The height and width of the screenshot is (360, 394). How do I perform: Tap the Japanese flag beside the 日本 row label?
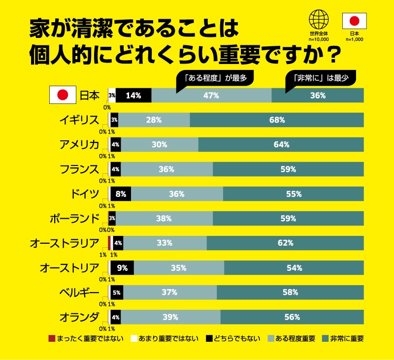pos(63,96)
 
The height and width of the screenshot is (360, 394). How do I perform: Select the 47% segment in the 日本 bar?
pos(211,96)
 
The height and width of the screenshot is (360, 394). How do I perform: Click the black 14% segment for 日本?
pos(133,96)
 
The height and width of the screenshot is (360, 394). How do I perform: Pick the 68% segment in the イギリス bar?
pos(276,120)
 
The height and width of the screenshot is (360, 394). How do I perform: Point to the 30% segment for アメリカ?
pos(159,145)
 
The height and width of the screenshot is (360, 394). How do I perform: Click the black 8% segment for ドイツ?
pos(121,194)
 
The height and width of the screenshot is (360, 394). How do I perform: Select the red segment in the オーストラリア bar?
pos(109,243)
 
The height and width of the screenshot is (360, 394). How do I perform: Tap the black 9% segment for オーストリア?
pos(122,268)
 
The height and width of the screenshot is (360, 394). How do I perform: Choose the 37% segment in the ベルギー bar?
pos(169,292)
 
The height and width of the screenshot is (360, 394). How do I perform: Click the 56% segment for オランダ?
pos(292,317)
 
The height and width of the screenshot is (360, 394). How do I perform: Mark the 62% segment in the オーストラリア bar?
pos(285,243)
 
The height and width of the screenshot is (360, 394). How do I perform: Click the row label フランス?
pos(79,169)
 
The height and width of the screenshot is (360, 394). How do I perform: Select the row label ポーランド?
pos(75,218)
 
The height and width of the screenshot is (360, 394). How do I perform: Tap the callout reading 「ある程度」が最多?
pos(215,77)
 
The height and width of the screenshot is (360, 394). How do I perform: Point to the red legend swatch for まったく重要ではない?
pos(52,339)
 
